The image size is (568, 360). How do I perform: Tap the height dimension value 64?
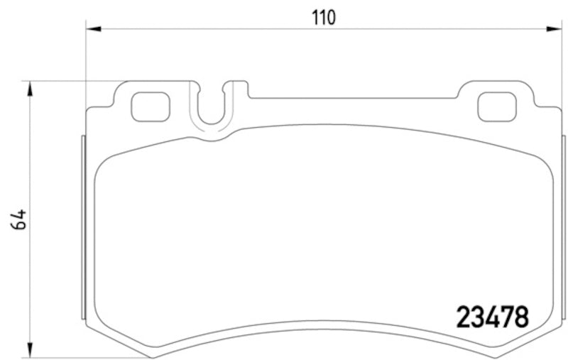point(19,219)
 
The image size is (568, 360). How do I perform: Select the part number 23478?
point(490,316)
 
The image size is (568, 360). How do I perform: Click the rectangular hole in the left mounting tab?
point(151,107)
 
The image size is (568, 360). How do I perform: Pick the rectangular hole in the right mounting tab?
point(494,107)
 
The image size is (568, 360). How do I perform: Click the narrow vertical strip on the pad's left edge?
point(82,227)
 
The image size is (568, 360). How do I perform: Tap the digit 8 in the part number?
point(521,316)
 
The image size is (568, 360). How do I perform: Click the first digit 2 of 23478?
point(459,316)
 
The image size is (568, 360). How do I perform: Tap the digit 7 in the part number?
point(506,316)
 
